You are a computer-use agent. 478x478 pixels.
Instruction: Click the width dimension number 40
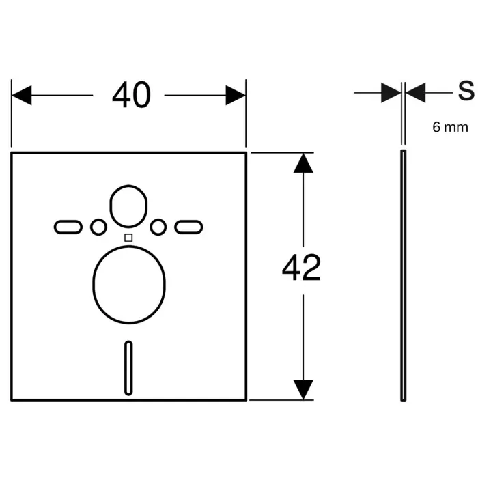click(x=131, y=95)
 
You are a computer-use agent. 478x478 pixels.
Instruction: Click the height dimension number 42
click(x=302, y=268)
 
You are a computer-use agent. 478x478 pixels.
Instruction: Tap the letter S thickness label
click(x=466, y=91)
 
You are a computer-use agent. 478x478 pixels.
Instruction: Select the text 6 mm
click(x=450, y=127)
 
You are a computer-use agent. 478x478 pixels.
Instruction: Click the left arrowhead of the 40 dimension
click(x=21, y=95)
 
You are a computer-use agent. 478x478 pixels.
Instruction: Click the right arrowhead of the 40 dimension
click(x=236, y=95)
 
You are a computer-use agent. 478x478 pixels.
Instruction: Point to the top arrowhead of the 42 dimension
click(x=303, y=163)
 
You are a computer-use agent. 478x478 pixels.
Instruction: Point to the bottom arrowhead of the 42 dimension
click(x=303, y=390)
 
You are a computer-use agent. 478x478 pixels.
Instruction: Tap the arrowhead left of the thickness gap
click(x=391, y=92)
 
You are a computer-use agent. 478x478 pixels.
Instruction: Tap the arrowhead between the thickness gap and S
click(x=415, y=92)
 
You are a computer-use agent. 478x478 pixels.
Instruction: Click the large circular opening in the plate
click(x=93, y=285)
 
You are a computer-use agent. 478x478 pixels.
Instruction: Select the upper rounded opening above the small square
click(x=110, y=206)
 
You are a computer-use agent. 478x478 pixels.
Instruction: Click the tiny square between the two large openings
click(x=128, y=238)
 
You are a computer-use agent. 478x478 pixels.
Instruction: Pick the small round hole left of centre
click(x=98, y=227)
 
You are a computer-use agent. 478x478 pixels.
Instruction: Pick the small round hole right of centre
click(x=158, y=227)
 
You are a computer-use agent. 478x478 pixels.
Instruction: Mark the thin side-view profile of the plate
click(x=403, y=275)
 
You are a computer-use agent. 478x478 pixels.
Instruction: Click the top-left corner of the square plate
click(x=12, y=152)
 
